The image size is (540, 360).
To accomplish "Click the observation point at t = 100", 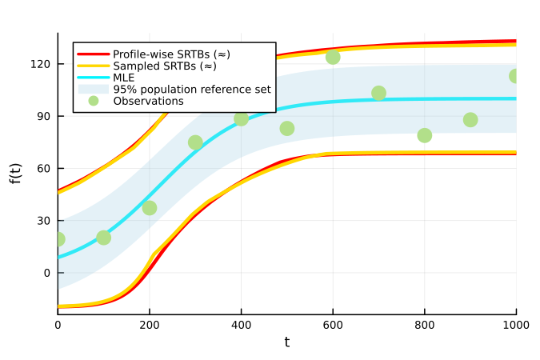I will (103, 238).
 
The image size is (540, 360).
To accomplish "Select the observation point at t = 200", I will (150, 208).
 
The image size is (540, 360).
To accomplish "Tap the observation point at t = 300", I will (195, 142).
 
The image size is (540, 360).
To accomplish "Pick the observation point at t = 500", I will (287, 128).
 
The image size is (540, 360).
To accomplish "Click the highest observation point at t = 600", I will (333, 57).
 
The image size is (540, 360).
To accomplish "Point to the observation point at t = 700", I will (378, 93).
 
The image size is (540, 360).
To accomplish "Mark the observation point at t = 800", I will (425, 135).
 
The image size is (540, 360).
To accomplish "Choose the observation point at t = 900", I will (470, 120).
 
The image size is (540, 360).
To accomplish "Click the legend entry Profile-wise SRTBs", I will (171, 54).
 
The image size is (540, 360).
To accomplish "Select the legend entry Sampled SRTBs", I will (165, 66).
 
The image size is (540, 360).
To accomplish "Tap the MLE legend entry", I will (124, 78).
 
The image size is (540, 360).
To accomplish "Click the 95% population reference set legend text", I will (191, 90).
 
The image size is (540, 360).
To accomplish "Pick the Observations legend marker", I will (94, 101).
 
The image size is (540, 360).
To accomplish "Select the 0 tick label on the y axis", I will (46, 273).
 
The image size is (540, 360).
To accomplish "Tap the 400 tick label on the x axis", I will (241, 325).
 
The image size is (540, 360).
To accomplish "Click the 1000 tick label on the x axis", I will (516, 325).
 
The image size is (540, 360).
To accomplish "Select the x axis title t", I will (286, 342).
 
